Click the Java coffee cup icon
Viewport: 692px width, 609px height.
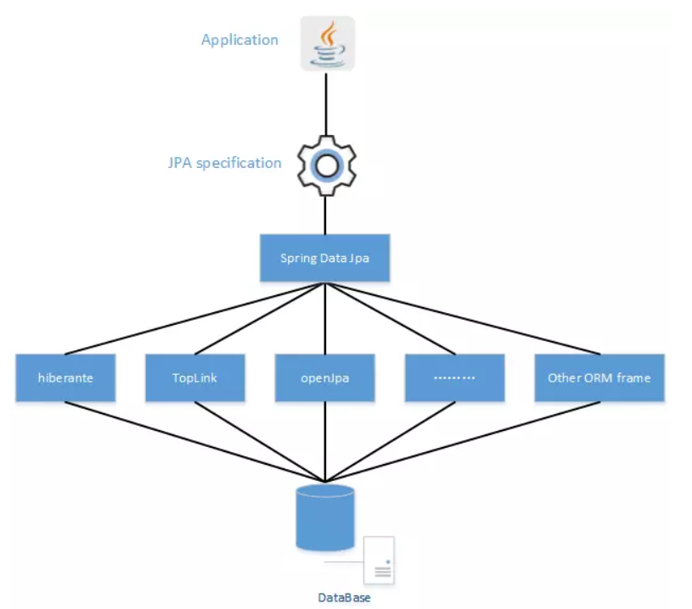click(328, 43)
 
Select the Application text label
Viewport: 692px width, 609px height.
click(239, 40)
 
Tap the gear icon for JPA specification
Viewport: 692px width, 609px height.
click(325, 164)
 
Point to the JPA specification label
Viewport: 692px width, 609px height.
click(224, 163)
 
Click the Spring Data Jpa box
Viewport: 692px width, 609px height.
click(324, 258)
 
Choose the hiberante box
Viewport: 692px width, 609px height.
click(65, 377)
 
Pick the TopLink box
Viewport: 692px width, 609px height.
click(196, 377)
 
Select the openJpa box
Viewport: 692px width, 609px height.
click(324, 377)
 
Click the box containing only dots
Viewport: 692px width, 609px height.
click(454, 377)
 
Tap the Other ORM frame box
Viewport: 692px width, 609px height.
click(599, 377)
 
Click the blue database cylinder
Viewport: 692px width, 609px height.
click(324, 517)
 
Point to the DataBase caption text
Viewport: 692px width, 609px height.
click(345, 598)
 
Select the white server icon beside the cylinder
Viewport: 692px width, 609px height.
click(379, 561)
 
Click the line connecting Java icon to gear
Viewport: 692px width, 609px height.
click(325, 102)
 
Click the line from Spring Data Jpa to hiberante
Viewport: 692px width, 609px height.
click(195, 318)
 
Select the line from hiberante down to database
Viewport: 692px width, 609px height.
click(195, 441)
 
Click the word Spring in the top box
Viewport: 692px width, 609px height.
click(297, 258)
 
